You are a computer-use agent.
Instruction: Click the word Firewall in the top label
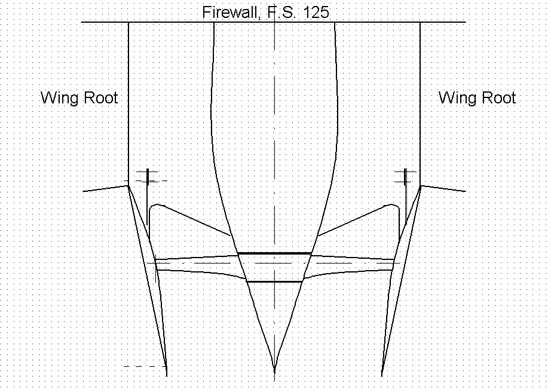[x=231, y=13]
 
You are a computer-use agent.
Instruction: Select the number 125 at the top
[x=316, y=13]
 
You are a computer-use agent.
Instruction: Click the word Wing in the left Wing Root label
[x=59, y=98]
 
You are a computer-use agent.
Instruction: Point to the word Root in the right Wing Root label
[x=497, y=97]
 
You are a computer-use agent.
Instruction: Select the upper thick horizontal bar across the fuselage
[x=274, y=253]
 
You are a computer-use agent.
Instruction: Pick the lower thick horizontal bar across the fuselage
[x=274, y=281]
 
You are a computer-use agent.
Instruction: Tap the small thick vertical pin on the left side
[x=148, y=177]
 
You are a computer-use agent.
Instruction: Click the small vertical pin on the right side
[x=406, y=177]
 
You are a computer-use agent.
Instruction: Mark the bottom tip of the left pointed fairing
[x=167, y=376]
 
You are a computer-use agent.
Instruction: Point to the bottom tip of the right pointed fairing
[x=382, y=376]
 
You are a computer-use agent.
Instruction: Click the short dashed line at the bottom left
[x=145, y=366]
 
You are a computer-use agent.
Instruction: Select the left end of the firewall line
[x=81, y=22]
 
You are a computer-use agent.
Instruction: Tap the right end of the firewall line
[x=466, y=22]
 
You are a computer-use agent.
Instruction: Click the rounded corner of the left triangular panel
[x=155, y=205]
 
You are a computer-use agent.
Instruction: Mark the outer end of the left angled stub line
[x=83, y=191]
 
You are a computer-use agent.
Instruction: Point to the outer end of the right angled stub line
[x=466, y=191]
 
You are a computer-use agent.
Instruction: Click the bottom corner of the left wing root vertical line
[x=128, y=186]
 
